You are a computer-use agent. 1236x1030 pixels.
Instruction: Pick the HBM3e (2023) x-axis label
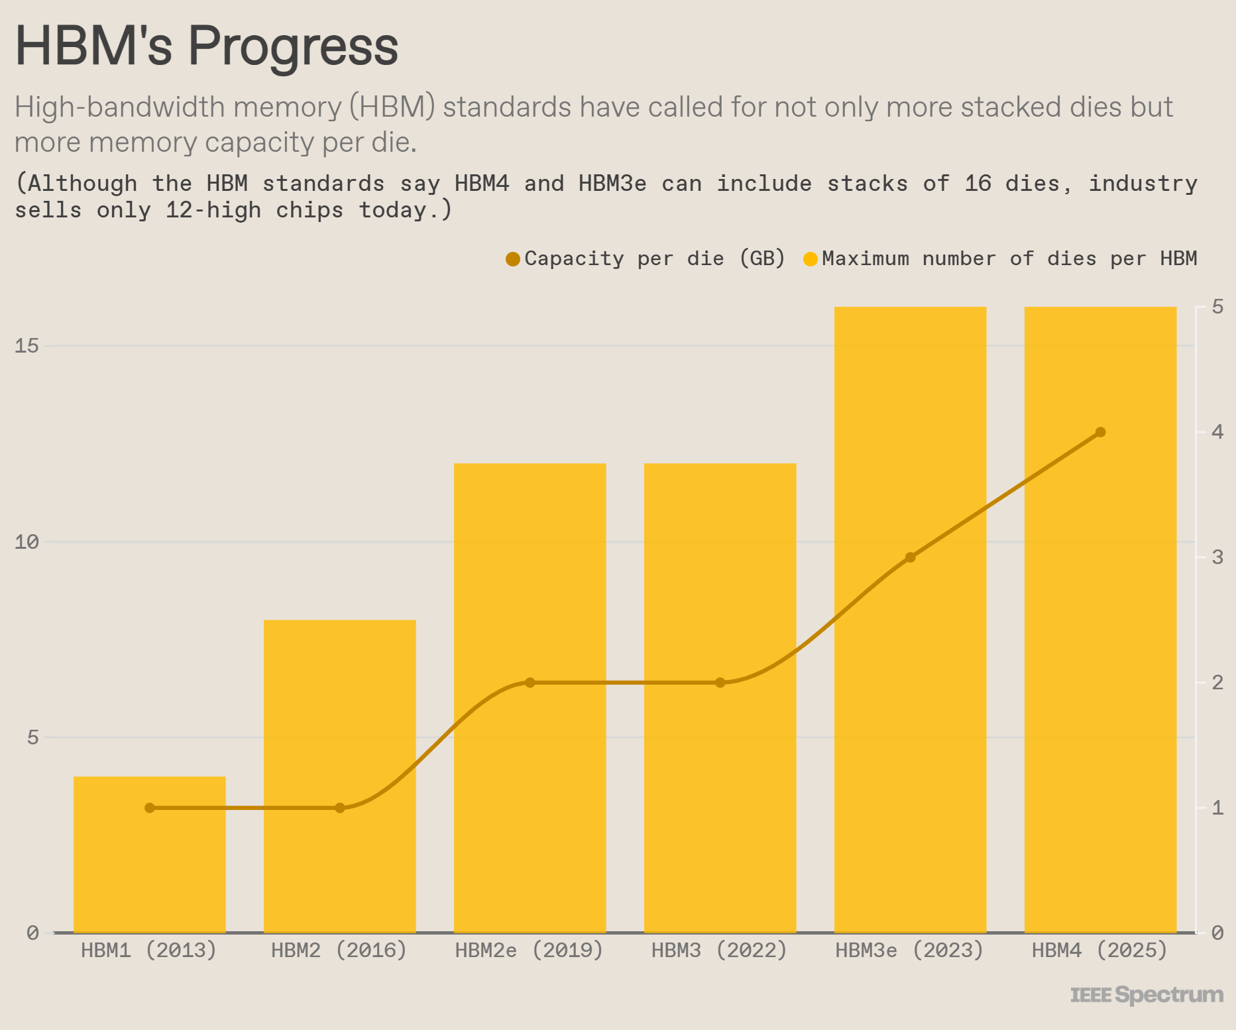pos(909,950)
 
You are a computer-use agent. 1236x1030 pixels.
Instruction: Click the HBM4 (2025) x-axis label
pos(1099,950)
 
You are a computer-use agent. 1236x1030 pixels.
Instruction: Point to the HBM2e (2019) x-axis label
pos(529,950)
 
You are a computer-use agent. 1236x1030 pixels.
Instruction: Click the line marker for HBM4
pos(1100,432)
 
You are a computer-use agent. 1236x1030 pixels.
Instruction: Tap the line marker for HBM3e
pos(910,557)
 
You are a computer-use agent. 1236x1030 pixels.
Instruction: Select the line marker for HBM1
pos(150,808)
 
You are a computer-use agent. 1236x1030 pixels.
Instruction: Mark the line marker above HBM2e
pos(530,683)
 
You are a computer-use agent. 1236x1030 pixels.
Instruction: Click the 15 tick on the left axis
pos(27,346)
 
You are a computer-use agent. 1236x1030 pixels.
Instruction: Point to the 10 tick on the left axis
pos(27,542)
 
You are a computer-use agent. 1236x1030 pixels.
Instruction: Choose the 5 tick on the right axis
pos(1217,307)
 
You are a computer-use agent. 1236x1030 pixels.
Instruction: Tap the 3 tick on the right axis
pos(1217,557)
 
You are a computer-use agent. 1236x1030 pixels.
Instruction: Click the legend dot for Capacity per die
pos(512,259)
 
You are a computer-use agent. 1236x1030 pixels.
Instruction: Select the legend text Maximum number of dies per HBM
pos(1009,258)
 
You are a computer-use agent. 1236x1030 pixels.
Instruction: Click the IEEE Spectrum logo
pos(1147,995)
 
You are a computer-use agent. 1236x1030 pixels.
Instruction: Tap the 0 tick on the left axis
pos(32,933)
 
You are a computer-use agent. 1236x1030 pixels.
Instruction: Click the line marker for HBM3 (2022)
pos(720,683)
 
